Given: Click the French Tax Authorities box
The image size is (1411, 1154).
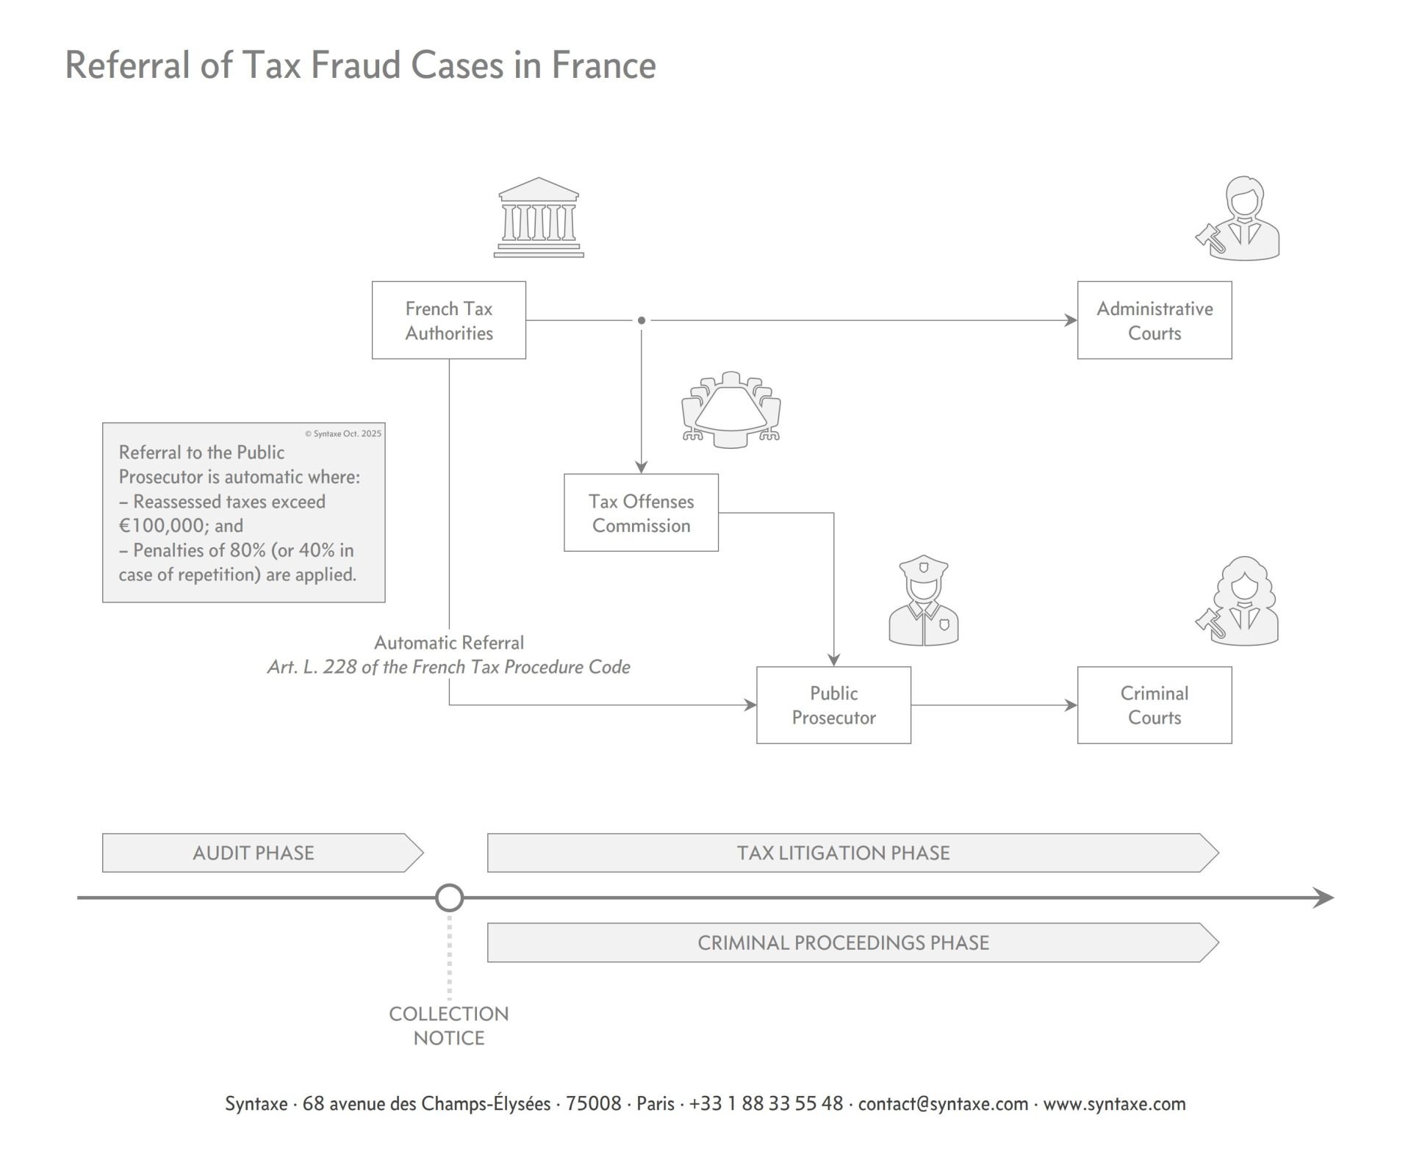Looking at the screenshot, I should (x=448, y=320).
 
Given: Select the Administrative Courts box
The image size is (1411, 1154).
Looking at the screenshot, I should (x=1154, y=320).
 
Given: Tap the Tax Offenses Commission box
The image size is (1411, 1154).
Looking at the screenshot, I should (x=641, y=513).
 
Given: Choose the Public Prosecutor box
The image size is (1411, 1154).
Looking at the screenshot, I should (x=833, y=705).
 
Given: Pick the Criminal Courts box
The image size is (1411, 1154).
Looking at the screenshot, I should (x=1154, y=705).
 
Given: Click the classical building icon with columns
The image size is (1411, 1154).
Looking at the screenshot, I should (x=539, y=217).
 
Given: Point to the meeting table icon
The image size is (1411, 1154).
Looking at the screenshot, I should (x=731, y=409).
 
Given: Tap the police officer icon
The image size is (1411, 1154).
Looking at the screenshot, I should (x=924, y=601).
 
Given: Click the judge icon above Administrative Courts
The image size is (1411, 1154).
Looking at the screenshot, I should (x=1240, y=219).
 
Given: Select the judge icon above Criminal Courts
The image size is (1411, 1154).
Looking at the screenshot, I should (x=1240, y=602).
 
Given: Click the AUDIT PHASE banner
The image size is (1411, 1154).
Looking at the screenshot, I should (x=254, y=853).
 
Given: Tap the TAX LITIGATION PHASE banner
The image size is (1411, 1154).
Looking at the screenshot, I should (x=844, y=853).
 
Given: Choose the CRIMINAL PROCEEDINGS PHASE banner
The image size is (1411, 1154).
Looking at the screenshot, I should (x=844, y=942).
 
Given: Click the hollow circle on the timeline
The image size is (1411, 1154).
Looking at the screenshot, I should (x=449, y=898).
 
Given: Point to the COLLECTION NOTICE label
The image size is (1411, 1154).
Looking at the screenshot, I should (x=449, y=1025).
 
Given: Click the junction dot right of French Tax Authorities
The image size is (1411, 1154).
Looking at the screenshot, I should (x=642, y=320).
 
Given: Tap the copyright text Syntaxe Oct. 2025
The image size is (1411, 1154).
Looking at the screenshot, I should (x=343, y=433).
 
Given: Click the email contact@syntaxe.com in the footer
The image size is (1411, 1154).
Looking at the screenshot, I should (x=943, y=1104).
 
